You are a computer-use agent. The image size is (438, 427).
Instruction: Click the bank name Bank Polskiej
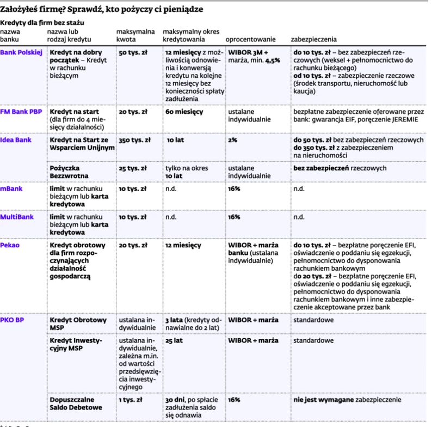[21, 52]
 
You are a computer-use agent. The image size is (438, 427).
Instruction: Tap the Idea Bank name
[16, 140]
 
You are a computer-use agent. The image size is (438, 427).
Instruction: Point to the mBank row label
[11, 188]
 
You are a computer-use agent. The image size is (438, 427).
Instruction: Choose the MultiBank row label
[16, 217]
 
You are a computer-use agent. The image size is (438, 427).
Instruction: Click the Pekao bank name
[10, 245]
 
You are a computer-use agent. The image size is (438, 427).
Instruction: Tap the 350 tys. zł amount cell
[133, 140]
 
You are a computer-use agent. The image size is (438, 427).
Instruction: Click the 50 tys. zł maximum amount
[132, 52]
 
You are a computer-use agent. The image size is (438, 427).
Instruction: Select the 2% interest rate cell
[232, 140]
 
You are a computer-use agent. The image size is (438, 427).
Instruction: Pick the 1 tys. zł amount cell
[131, 400]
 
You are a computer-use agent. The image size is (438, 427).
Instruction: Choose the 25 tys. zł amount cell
[132, 168]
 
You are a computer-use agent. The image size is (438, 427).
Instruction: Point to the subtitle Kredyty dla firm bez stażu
[42, 23]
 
